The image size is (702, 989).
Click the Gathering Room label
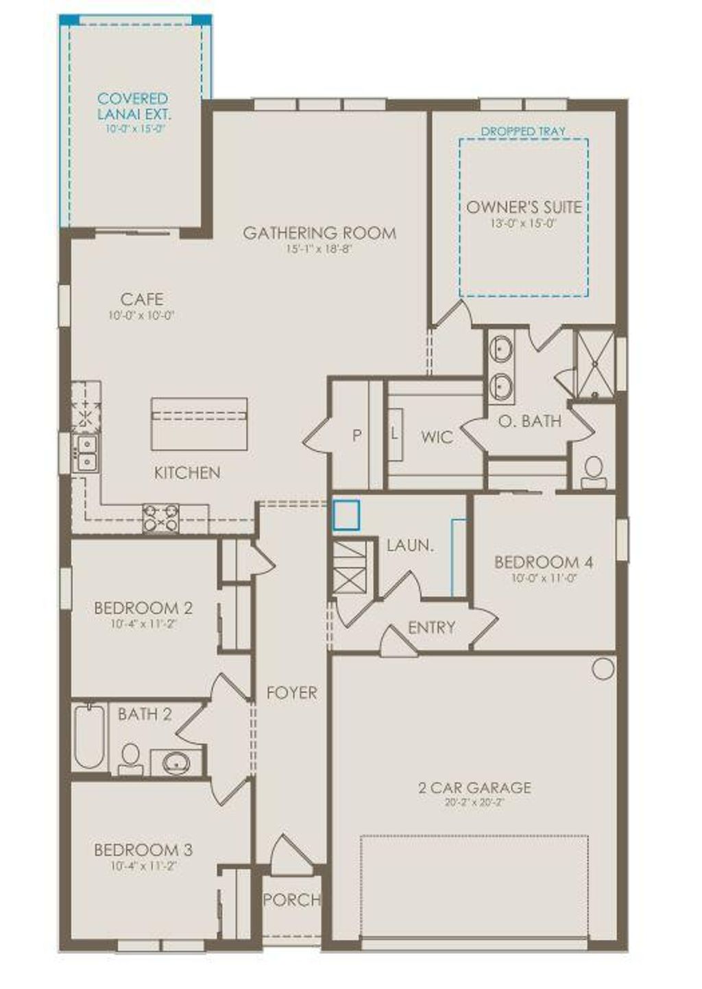coord(319,233)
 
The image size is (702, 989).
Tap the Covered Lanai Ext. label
coord(133,106)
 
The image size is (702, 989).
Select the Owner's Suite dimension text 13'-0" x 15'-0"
coord(523,223)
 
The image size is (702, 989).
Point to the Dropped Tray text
coord(523,131)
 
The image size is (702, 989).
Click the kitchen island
coord(199,423)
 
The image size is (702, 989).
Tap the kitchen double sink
coord(86,452)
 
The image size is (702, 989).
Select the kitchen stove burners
coord(160,519)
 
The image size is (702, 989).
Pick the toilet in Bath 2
coord(130,757)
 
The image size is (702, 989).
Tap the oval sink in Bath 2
coord(178,761)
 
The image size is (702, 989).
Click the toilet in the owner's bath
coord(593,471)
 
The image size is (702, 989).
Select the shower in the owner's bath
coord(594,365)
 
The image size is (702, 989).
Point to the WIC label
coord(437,437)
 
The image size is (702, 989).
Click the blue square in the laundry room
coord(346,515)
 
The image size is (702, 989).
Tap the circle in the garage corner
coord(603,669)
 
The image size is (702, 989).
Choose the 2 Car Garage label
coord(474,787)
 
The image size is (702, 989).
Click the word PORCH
coord(292,899)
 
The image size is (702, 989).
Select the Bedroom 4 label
coord(544,563)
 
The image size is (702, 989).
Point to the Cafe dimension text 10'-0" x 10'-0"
coord(142,316)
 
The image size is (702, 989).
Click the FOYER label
coord(292,693)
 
